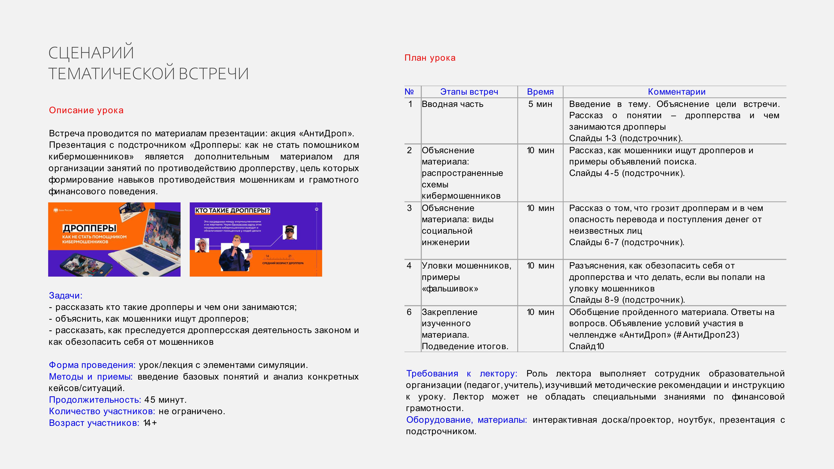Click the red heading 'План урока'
pos(430,58)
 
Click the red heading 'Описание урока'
pos(86,110)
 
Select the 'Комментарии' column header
pos(676,92)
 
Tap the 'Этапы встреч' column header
pos(469,92)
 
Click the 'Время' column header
pos(540,92)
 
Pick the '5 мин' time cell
pos(540,104)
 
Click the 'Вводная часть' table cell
pos(452,104)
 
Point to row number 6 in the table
pos(409,312)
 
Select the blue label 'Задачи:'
pos(66,296)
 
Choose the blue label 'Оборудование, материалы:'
pos(466,420)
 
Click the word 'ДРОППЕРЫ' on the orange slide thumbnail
pos(89,228)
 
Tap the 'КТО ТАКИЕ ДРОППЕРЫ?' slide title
pos(232,210)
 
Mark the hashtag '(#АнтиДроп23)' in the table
pos(706,335)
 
